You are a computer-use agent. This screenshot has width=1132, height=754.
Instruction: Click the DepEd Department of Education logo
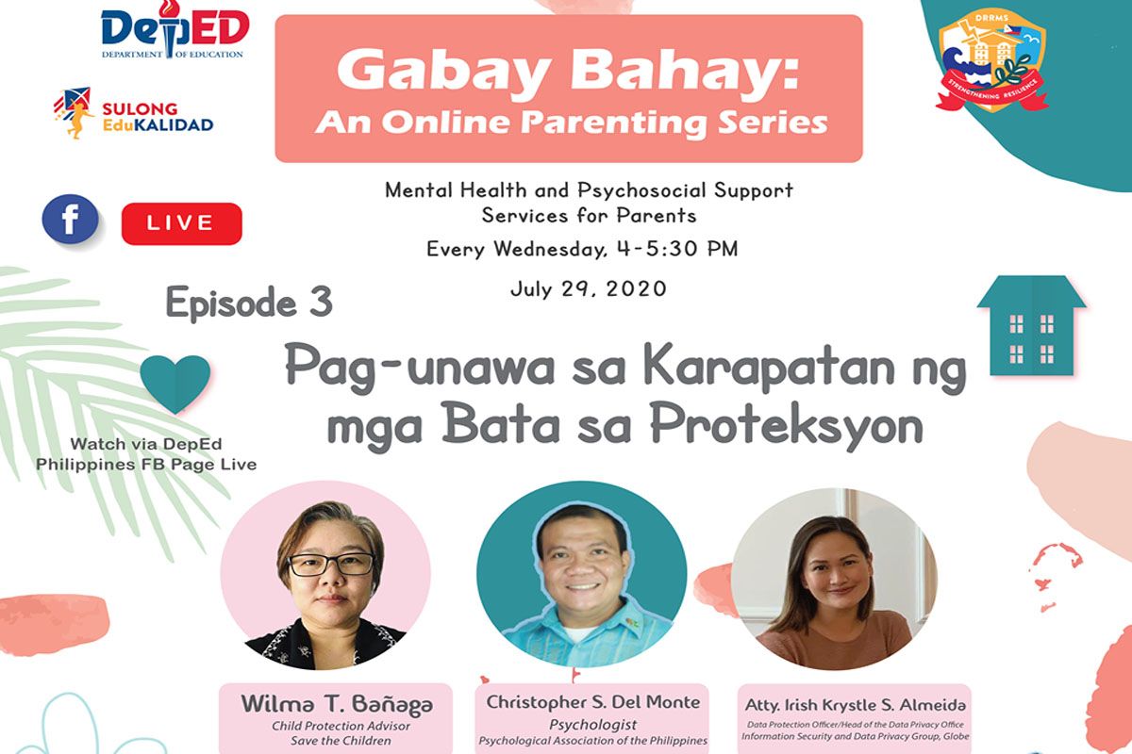tap(175, 29)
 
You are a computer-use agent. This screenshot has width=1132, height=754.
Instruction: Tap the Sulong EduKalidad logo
tap(133, 113)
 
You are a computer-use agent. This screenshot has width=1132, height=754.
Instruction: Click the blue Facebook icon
tap(70, 220)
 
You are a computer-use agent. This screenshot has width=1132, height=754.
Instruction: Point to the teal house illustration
tap(1031, 325)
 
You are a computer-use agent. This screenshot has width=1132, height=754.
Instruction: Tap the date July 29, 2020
tap(589, 288)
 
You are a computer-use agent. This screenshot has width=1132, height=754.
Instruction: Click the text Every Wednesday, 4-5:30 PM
tap(582, 249)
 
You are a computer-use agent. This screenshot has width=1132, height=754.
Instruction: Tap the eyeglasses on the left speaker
tap(331, 565)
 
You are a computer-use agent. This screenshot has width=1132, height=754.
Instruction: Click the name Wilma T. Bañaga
tap(337, 704)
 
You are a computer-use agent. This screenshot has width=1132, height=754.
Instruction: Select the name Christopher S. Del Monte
tap(592, 702)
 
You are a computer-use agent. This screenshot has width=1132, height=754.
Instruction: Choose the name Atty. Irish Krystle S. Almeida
tap(855, 705)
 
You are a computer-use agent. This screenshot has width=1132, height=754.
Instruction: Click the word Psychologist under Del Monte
tap(592, 725)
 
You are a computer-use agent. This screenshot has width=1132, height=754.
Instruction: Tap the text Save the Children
tap(341, 741)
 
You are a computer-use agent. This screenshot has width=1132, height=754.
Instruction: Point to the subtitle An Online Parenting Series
tap(571, 123)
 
